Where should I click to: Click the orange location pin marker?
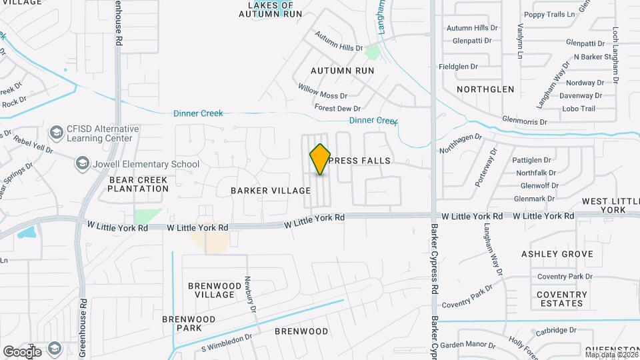pyautogui.click(x=320, y=159)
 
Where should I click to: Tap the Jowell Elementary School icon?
pyautogui.click(x=83, y=163)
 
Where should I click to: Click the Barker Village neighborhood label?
pyautogui.click(x=262, y=191)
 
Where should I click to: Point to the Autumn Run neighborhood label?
pyautogui.click(x=342, y=70)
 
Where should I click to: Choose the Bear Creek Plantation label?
pyautogui.click(x=139, y=184)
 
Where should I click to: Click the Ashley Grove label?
pyautogui.click(x=557, y=254)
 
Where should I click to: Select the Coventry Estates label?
pyautogui.click(x=562, y=299)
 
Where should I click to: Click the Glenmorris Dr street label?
pyautogui.click(x=525, y=122)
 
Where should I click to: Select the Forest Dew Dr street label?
pyautogui.click(x=337, y=108)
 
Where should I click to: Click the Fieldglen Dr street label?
pyautogui.click(x=457, y=67)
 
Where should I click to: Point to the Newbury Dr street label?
pyautogui.click(x=251, y=294)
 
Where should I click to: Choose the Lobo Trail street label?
pyautogui.click(x=578, y=109)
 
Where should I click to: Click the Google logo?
pyautogui.click(x=22, y=351)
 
